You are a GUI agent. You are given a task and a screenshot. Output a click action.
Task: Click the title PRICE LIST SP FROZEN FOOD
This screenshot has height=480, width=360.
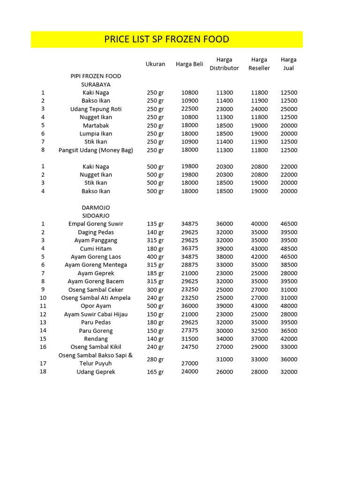point(166,39)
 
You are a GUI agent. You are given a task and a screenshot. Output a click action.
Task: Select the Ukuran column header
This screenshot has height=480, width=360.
point(155,64)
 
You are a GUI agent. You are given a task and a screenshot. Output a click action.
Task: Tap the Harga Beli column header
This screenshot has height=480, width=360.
point(189,64)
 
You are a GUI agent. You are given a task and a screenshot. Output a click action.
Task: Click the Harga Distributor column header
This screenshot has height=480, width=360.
point(224,64)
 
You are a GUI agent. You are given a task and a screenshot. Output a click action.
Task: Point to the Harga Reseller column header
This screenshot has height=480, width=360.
point(259,64)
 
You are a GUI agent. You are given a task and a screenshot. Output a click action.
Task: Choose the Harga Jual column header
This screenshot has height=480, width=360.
point(289,64)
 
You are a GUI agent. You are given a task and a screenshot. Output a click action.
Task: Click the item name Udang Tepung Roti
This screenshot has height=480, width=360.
point(96,109)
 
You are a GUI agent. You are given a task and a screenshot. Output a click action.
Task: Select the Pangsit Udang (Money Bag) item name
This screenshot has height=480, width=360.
point(96,150)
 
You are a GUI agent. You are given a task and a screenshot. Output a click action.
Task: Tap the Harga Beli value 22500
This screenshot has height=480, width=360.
point(190,109)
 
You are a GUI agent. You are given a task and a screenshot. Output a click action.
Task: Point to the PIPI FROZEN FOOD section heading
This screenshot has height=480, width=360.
point(96,76)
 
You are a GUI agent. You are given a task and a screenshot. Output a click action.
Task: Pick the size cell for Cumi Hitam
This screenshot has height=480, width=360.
point(155,248)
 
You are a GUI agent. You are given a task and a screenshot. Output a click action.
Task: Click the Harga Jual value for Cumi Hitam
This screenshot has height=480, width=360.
point(289,248)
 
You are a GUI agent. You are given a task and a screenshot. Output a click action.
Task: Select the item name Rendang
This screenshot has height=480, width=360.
point(96,339)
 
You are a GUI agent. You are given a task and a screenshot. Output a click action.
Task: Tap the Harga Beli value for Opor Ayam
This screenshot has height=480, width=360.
point(190,306)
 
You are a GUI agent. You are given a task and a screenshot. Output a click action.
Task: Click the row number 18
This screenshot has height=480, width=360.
point(43,372)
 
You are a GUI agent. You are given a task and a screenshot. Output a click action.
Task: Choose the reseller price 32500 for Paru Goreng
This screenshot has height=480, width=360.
point(259,330)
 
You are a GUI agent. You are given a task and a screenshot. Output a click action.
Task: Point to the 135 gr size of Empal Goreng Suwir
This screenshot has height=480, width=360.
point(155,224)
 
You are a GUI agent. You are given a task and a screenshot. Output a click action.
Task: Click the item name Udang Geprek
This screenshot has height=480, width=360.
point(96,372)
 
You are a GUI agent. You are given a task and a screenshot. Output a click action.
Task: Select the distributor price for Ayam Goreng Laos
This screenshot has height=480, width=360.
point(225,257)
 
